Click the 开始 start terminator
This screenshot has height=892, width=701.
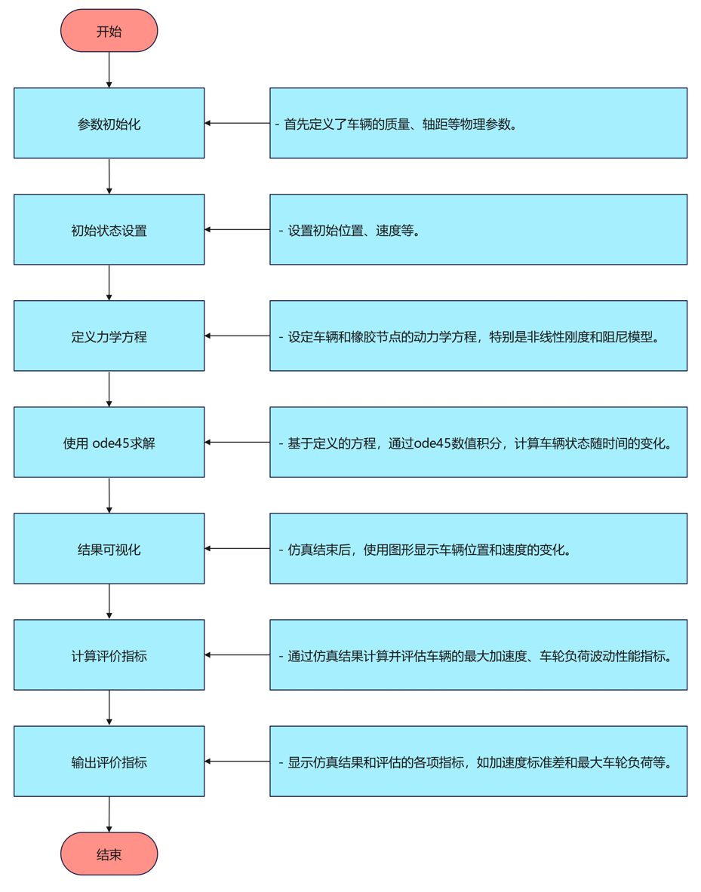(109, 31)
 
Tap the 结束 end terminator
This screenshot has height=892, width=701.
(109, 854)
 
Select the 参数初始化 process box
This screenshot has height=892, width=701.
(109, 123)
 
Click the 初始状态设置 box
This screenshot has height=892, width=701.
(109, 229)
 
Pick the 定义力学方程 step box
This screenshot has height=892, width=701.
(109, 336)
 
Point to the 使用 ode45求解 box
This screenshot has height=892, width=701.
(109, 442)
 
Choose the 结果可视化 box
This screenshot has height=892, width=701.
(109, 548)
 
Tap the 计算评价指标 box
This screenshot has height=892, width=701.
(109, 654)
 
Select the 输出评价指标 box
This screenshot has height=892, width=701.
(109, 761)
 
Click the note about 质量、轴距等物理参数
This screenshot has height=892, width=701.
(478, 123)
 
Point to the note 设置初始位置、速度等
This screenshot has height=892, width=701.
(478, 229)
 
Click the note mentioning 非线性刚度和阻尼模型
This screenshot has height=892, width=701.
(478, 336)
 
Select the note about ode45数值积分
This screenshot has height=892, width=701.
(478, 442)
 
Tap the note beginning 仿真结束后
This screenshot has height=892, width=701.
(478, 548)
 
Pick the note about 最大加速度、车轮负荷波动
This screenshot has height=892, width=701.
(478, 654)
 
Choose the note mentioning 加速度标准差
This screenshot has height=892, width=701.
(478, 761)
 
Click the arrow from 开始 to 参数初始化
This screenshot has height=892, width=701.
(109, 69)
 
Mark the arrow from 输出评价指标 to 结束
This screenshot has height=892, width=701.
(109, 814)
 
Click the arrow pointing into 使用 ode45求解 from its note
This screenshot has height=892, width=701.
(237, 442)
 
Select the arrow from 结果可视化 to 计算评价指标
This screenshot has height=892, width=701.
(109, 602)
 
